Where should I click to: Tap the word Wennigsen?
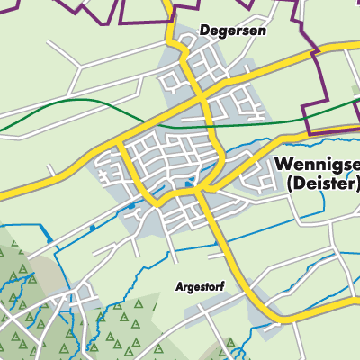tap(317, 166)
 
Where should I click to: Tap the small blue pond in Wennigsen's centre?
tap(187, 184)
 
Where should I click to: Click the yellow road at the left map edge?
tap(3, 194)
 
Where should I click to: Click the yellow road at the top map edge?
tap(170, 3)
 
